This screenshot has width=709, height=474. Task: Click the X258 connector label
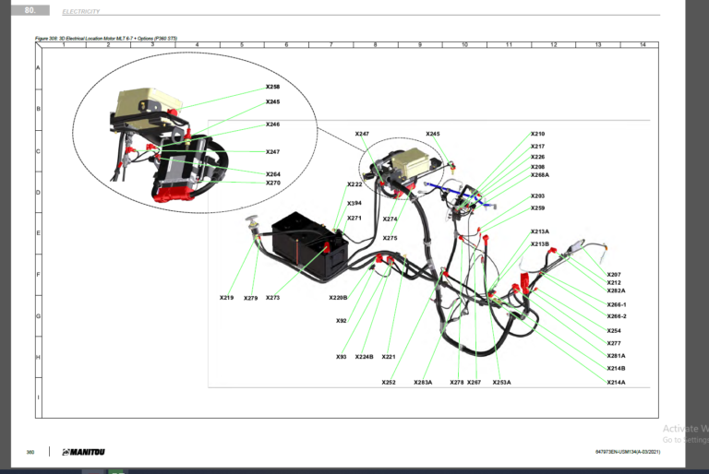click(x=272, y=87)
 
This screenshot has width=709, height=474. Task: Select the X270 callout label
click(x=272, y=183)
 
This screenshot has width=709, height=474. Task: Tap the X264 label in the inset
click(x=272, y=173)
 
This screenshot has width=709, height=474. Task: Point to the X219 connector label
click(x=226, y=298)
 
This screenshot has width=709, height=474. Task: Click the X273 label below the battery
click(x=272, y=298)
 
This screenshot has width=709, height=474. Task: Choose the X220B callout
click(x=338, y=298)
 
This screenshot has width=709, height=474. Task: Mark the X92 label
click(x=342, y=321)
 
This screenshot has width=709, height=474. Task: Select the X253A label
click(x=501, y=382)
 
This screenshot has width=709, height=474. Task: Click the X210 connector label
click(x=537, y=134)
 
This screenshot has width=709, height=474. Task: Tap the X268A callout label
click(x=540, y=175)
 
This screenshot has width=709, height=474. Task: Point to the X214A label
click(x=616, y=382)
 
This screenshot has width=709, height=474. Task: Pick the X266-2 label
click(x=617, y=316)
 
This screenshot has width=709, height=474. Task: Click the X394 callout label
click(x=354, y=203)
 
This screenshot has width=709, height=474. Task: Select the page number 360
click(x=30, y=452)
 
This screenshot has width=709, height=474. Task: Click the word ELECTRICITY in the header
click(x=80, y=11)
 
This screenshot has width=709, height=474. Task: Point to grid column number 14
click(x=642, y=45)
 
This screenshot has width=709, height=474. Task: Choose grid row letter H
click(x=38, y=357)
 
